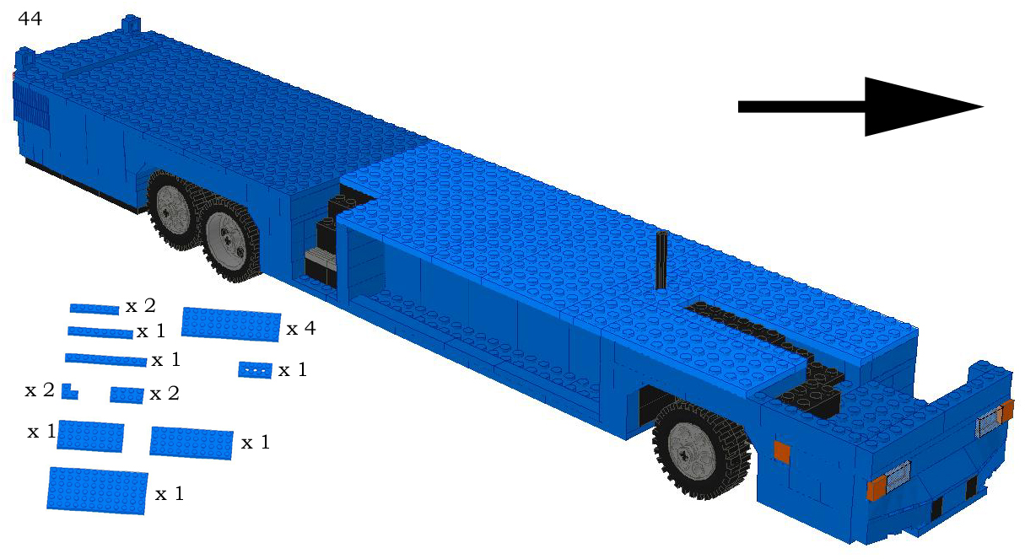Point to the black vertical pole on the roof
click(662, 260)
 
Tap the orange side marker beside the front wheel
click(781, 452)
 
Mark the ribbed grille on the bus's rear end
click(27, 105)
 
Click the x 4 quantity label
click(301, 329)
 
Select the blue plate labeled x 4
click(230, 324)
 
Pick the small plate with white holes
click(256, 369)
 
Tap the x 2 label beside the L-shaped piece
click(40, 390)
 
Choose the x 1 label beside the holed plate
click(293, 369)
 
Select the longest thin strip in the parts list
click(105, 360)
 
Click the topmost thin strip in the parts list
click(94, 309)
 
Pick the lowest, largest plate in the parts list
click(98, 490)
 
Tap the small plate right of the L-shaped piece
click(127, 395)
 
